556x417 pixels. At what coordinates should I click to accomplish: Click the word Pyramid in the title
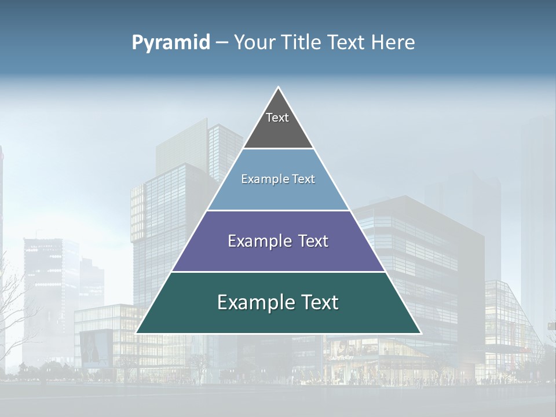tap(171, 43)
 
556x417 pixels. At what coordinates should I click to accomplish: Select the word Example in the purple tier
tap(254, 241)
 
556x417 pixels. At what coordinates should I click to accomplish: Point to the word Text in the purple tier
tap(313, 241)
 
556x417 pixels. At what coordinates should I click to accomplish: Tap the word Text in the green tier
tap(320, 302)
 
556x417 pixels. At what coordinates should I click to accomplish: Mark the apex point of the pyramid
tap(279, 88)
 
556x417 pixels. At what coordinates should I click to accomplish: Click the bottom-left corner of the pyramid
tap(137, 332)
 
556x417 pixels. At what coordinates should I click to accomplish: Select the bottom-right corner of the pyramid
tap(420, 332)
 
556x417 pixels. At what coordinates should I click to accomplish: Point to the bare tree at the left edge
tap(14, 307)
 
